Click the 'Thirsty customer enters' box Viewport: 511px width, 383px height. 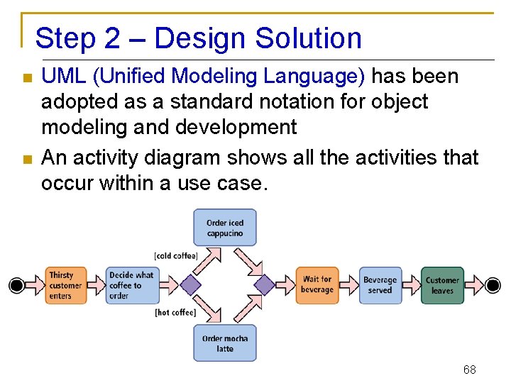pos(67,285)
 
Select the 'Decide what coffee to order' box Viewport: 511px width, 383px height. pos(130,285)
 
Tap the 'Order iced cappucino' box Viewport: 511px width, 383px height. pos(225,228)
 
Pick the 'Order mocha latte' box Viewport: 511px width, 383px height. pos(225,343)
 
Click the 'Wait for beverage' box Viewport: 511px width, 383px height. pos(317,285)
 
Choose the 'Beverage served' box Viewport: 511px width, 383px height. pos(380,285)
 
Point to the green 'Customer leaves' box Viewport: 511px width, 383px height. pos(442,285)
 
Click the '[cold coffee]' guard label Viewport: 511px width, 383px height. pos(175,255)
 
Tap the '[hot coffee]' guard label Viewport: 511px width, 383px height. pos(175,312)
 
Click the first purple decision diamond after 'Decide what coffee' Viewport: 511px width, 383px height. pos(189,285)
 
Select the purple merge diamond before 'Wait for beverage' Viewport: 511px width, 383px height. pos(265,285)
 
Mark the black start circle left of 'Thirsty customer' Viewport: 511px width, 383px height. pos(16,285)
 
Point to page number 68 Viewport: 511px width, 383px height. pos(469,370)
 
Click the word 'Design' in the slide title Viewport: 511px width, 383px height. pos(194,38)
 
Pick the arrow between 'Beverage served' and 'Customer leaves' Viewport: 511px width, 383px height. pos(412,285)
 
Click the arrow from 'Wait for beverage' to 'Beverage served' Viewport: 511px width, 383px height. pos(350,285)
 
